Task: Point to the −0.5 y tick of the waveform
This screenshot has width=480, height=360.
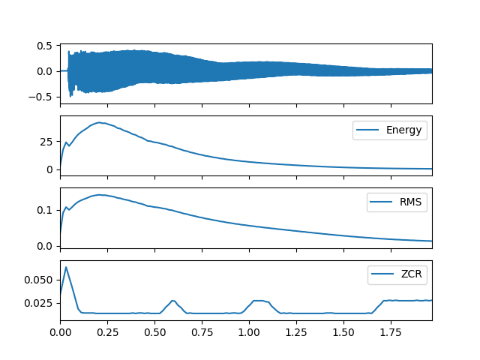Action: click(x=43, y=97)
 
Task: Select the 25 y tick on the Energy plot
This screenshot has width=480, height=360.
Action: click(x=46, y=142)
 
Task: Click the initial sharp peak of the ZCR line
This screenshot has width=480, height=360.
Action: click(x=66, y=267)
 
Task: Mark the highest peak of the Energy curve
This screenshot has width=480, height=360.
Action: click(x=99, y=122)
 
